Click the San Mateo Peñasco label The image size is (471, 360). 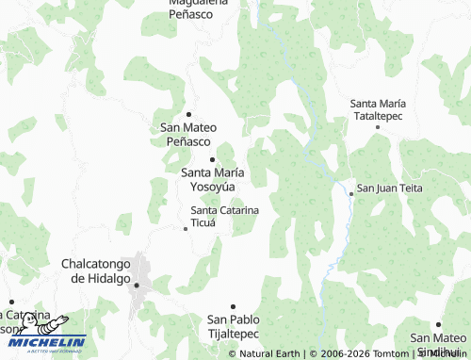(188, 134)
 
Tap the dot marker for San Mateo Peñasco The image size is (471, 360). (188, 114)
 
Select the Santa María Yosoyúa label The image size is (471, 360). (213, 179)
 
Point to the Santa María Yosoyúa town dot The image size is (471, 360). (213, 159)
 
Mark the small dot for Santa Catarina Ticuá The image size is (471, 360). (185, 227)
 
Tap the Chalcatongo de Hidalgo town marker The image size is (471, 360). (137, 284)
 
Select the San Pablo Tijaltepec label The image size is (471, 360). (233, 326)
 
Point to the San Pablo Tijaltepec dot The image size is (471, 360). (233, 306)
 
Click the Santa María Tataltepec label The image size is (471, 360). (378, 108)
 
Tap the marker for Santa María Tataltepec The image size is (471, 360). (379, 125)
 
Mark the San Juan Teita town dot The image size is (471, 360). (351, 193)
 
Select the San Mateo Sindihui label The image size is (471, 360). (438, 343)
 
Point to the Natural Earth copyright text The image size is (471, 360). (268, 353)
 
